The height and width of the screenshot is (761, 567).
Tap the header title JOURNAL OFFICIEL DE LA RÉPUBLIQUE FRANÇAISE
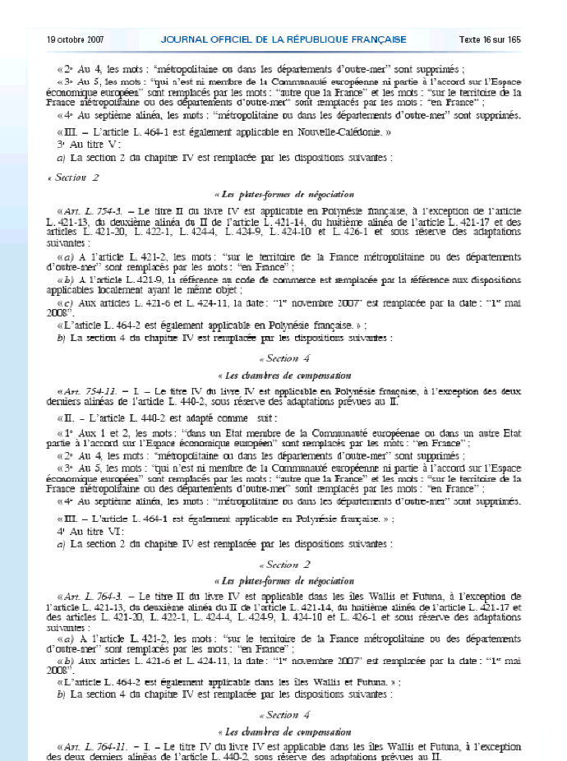283,39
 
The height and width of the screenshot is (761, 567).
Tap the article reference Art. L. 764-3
95,596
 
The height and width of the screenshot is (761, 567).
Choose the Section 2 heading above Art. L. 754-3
76,178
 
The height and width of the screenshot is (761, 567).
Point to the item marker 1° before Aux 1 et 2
66,432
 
